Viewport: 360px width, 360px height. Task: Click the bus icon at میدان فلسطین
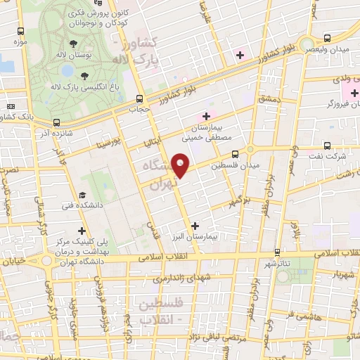tap(234, 153)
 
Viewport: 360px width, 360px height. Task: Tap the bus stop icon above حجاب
tap(139, 98)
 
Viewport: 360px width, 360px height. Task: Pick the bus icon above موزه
tap(20, 32)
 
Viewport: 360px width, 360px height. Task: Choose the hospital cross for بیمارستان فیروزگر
tap(345, 93)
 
